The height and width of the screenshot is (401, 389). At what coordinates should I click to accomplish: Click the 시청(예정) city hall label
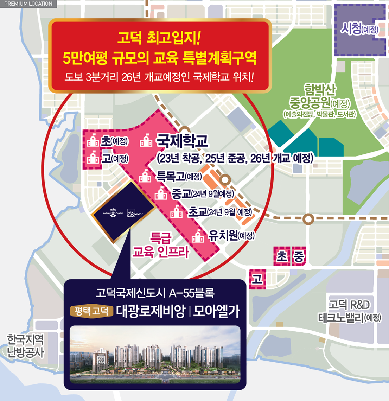pyautogui.click(x=359, y=30)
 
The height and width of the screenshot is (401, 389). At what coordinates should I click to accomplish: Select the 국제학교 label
pyautogui.click(x=182, y=141)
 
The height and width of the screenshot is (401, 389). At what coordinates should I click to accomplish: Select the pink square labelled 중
pyautogui.click(x=299, y=256)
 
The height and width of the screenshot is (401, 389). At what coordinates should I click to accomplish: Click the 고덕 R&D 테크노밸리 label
pyautogui.click(x=349, y=311)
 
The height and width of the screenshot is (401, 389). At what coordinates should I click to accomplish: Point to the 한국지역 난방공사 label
pyautogui.click(x=26, y=345)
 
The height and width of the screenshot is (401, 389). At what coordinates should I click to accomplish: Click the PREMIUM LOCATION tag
pyautogui.click(x=28, y=4)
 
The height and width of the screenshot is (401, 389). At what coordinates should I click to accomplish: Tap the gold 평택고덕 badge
pyautogui.click(x=91, y=311)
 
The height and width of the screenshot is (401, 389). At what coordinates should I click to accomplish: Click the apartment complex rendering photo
pyautogui.click(x=155, y=354)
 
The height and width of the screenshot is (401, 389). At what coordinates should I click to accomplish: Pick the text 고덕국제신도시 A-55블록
pyautogui.click(x=155, y=293)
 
